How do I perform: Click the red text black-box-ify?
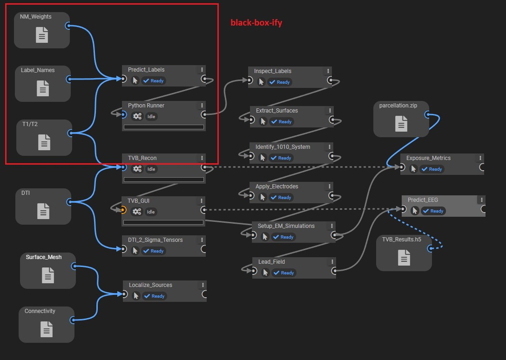pos(256,22)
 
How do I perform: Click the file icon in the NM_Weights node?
pos(42,35)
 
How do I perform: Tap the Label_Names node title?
pos(38,70)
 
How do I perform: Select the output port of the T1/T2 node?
pos(70,133)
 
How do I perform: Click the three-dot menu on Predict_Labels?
pos(202,70)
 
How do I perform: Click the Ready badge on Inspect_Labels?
pos(280,82)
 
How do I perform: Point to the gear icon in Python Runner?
pos(136,116)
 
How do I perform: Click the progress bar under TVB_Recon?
pos(163,180)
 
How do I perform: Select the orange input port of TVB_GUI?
pos(123,210)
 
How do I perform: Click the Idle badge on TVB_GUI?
pos(151,212)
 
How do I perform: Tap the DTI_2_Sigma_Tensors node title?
pos(155,240)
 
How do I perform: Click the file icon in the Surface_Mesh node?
pos(47,276)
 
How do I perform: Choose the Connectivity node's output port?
pos(73,320)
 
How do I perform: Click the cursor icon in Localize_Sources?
pos(136,296)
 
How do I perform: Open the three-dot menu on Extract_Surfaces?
pos(330,111)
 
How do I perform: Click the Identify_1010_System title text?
pos(283,147)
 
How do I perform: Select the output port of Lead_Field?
pos(334,270)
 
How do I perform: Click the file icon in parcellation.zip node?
pos(401,124)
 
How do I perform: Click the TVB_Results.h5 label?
pos(401,240)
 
